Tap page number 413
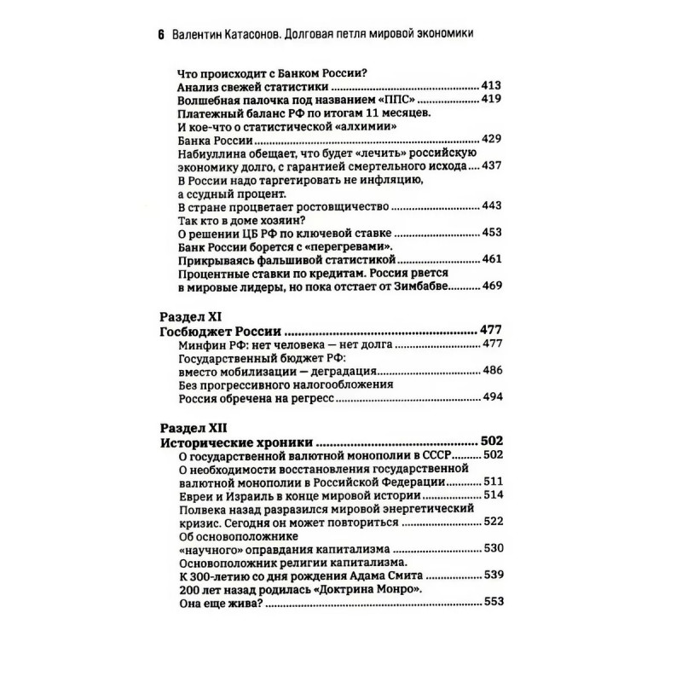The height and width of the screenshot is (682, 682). point(491,87)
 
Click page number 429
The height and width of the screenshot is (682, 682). point(491,139)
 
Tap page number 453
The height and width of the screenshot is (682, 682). point(491,231)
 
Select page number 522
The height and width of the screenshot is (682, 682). point(491,522)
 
